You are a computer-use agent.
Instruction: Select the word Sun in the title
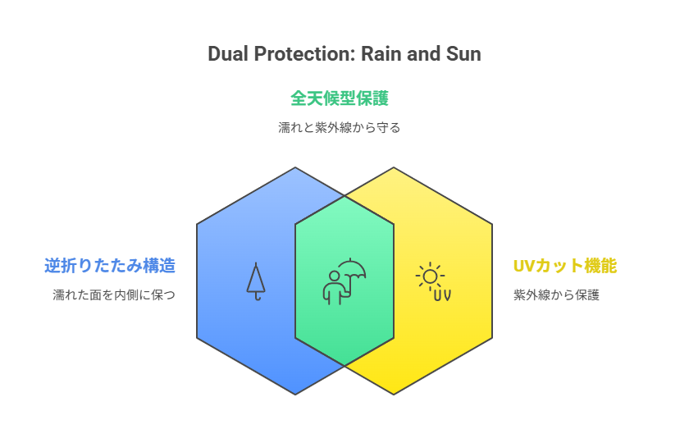pos(463,54)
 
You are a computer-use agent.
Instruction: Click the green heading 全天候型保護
pos(340,98)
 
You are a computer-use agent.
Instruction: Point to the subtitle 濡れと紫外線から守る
pos(340,127)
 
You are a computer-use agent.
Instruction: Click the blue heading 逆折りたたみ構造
pos(110,266)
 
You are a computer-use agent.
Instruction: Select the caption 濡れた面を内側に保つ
pos(114,295)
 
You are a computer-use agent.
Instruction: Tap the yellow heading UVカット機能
pos(565,266)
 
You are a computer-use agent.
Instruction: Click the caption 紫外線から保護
pos(556,295)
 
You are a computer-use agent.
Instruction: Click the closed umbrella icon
pos(256,281)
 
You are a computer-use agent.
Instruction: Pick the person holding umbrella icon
pos(344,281)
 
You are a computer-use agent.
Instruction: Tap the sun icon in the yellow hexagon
pos(430,277)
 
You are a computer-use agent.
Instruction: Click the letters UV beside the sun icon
pos(442,295)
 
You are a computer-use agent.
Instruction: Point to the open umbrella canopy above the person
pos(352,268)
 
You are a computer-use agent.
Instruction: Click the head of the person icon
pos(335,276)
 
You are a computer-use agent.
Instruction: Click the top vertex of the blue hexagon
pos(295,167)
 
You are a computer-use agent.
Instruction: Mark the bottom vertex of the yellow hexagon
pos(394,395)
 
